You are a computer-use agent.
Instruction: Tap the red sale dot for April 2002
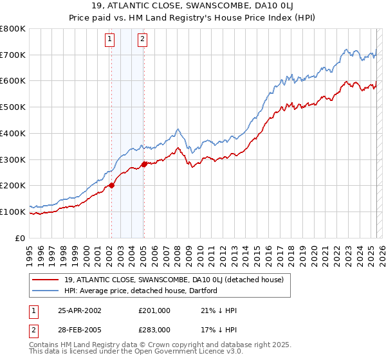pos(111,185)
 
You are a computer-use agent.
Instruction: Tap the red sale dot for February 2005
pos(144,164)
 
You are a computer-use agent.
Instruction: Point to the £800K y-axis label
pos(13,29)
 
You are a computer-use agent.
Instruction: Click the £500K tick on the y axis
pos(13,107)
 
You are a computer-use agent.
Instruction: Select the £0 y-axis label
pos(20,238)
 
